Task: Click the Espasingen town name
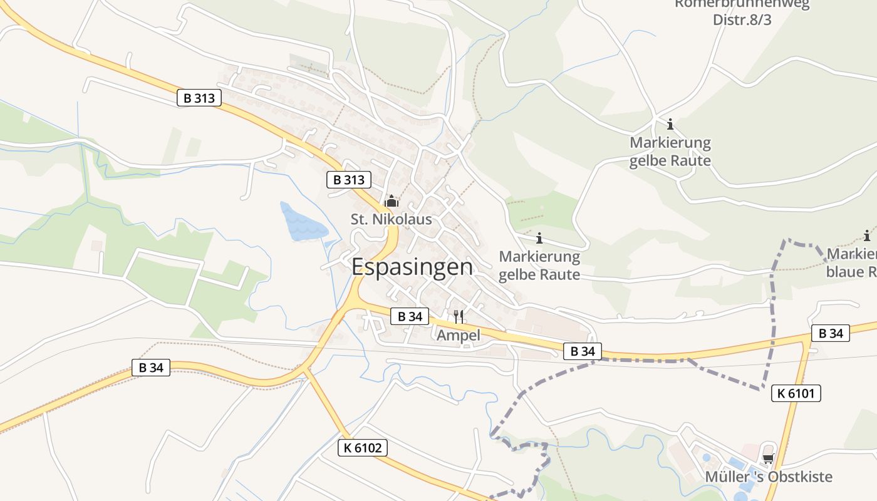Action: [x=412, y=267]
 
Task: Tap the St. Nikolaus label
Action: [x=391, y=219]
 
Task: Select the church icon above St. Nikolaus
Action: [x=392, y=201]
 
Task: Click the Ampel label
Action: [x=458, y=335]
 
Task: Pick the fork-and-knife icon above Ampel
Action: [x=459, y=316]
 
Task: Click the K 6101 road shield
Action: [x=796, y=393]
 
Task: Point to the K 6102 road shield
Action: [x=363, y=448]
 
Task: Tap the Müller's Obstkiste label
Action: [x=769, y=477]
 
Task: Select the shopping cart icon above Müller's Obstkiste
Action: [x=769, y=458]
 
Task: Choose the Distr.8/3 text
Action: [x=742, y=19]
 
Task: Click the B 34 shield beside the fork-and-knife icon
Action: [x=410, y=316]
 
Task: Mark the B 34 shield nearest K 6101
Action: [x=831, y=333]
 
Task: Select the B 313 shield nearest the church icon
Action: [x=349, y=180]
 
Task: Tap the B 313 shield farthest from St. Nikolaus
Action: [x=199, y=98]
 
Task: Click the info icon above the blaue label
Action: [x=867, y=236]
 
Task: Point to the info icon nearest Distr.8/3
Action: [x=670, y=123]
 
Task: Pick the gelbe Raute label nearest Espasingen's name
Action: [x=539, y=274]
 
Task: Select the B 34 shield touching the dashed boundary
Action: [x=583, y=351]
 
